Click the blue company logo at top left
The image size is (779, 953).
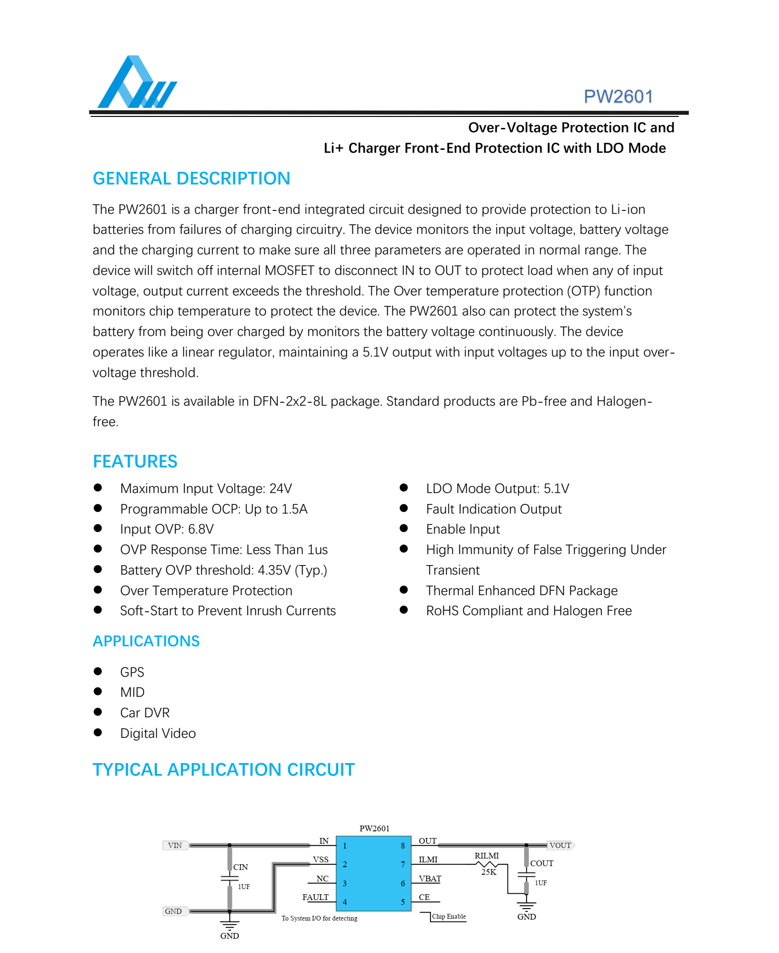137,82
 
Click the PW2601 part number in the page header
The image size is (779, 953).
618,96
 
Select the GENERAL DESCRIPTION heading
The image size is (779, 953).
191,178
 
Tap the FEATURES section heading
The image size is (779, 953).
135,461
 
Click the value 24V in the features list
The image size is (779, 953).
281,489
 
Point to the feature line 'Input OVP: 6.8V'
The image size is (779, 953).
167,529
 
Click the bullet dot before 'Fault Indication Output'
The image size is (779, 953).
404,508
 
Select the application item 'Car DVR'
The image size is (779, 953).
145,713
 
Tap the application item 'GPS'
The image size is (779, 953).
132,672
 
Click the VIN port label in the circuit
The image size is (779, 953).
175,845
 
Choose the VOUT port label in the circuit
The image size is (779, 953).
560,845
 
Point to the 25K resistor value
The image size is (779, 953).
488,872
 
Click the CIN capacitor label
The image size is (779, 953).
241,867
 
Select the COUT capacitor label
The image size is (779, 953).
542,863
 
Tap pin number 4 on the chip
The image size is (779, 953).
345,902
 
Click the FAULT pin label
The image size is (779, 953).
316,897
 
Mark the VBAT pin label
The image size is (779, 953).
430,879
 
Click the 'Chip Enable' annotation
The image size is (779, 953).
449,916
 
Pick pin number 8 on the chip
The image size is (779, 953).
403,846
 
